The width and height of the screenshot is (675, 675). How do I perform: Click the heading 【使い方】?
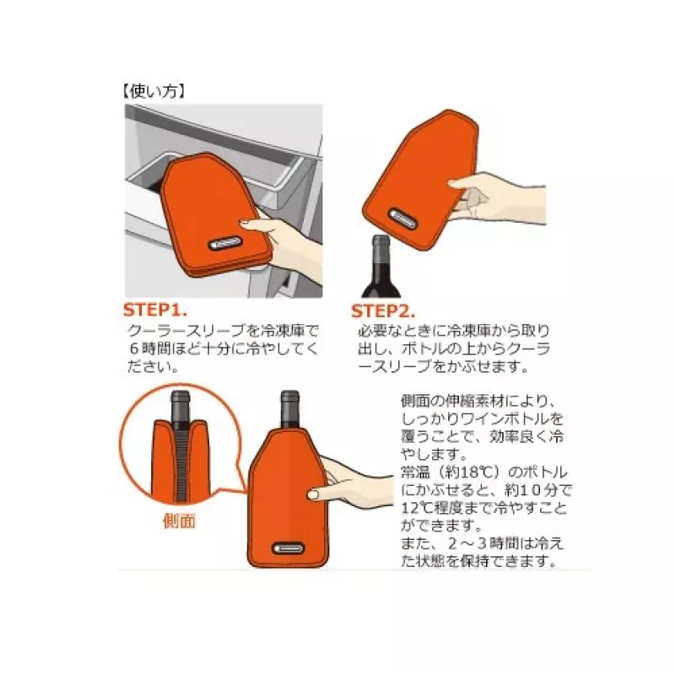click(x=154, y=92)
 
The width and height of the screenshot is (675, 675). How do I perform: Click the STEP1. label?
click(x=155, y=310)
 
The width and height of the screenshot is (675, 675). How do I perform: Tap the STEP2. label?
click(x=383, y=311)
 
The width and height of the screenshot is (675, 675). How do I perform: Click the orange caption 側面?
click(x=179, y=521)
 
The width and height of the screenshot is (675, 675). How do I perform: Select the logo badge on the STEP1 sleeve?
click(x=225, y=244)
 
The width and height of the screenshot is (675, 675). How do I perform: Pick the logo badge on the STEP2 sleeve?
click(x=403, y=219)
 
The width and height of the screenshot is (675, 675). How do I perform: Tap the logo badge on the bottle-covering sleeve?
click(x=289, y=548)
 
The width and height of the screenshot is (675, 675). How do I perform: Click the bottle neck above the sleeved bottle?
click(x=289, y=409)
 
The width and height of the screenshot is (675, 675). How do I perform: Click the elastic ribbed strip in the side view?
click(x=181, y=465)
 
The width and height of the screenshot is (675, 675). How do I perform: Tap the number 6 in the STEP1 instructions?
click(x=134, y=348)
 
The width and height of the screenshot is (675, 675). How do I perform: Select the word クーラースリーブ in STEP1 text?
click(x=187, y=331)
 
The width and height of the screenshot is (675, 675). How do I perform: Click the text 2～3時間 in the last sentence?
click(x=480, y=543)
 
